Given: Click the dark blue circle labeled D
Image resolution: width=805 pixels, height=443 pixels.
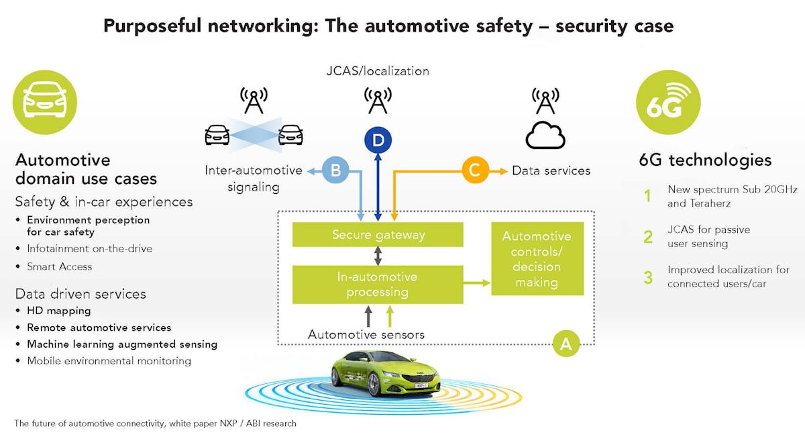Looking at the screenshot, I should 378,140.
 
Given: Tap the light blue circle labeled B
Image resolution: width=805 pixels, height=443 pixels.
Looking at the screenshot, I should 336,170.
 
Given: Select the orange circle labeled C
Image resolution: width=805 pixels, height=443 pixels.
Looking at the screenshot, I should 474,170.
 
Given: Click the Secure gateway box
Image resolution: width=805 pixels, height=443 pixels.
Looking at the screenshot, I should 378,235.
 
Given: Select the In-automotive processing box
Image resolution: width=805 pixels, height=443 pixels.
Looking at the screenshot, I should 378,285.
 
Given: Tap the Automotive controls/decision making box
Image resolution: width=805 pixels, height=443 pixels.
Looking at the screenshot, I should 537,259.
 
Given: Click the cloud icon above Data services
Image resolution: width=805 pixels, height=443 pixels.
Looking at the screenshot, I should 545,136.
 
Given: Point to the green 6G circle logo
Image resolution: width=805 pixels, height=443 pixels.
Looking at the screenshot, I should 668,103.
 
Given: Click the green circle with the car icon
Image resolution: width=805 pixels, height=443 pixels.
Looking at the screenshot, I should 45,103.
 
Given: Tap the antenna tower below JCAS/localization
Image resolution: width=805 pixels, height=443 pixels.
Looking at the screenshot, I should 378,101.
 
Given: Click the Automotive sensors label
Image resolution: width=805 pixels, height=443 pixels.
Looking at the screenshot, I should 366,334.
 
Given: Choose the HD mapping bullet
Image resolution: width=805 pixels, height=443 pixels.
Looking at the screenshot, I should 58,311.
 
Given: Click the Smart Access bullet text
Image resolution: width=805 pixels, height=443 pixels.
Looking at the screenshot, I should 59,266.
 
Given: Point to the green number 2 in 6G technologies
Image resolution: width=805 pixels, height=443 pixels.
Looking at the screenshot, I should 648,236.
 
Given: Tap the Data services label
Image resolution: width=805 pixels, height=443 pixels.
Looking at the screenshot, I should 551,170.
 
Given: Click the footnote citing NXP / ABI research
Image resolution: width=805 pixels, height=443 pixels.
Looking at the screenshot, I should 155,424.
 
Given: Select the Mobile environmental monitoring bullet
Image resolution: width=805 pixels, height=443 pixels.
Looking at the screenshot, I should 109,361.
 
